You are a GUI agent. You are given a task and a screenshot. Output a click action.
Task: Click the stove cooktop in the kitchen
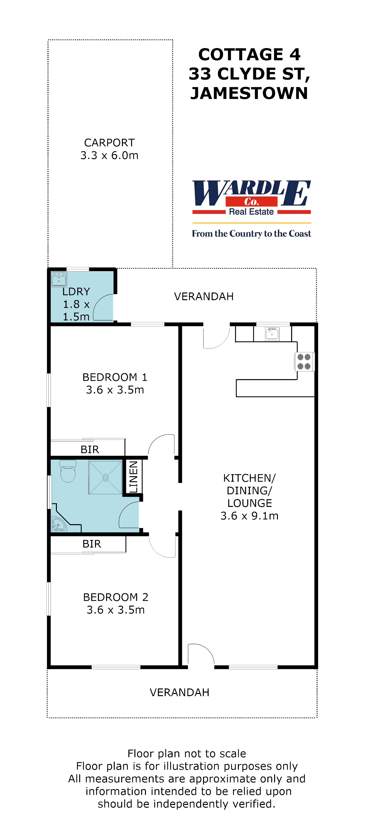click(x=304, y=361)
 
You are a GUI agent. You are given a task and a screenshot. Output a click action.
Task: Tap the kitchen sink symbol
click(x=272, y=334)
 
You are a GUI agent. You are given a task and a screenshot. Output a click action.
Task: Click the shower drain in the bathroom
click(x=105, y=477)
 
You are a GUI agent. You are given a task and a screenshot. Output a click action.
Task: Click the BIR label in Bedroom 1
click(x=90, y=449)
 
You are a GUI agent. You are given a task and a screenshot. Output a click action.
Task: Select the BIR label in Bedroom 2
click(x=92, y=544)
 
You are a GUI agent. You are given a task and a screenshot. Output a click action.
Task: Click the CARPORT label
click(x=109, y=142)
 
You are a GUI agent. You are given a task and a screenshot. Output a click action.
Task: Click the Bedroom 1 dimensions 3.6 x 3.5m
click(x=115, y=390)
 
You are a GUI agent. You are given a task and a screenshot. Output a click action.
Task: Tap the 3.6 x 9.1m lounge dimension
click(x=249, y=516)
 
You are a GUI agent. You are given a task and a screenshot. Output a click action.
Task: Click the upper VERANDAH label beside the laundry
click(x=204, y=296)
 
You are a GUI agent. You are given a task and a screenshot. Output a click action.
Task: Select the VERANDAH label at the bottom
click(x=179, y=692)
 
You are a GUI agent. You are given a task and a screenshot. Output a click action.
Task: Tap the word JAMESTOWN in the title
click(x=249, y=93)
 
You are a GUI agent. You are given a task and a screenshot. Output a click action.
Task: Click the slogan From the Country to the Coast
click(x=251, y=234)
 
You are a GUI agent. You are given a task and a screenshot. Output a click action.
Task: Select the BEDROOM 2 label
click(x=116, y=597)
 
